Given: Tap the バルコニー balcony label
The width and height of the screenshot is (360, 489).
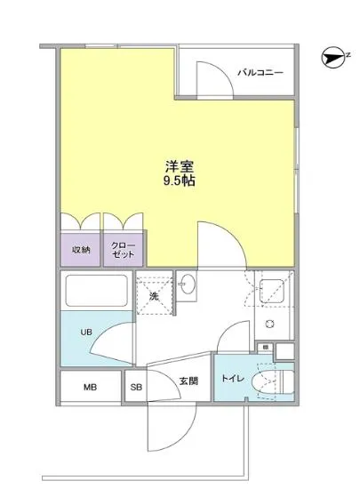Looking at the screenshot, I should [x=260, y=72].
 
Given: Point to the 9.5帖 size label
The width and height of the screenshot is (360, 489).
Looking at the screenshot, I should [x=179, y=180].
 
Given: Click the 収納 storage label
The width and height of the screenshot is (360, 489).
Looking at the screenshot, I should [x=80, y=250].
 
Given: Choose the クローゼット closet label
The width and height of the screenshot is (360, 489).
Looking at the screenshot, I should [x=124, y=250].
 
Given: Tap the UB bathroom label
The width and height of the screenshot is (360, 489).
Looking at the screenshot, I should [x=86, y=333].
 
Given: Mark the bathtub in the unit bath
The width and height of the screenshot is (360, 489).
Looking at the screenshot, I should [x=97, y=293].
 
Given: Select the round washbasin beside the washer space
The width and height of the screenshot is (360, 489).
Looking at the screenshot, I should [x=188, y=286].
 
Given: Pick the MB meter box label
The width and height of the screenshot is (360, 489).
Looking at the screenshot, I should [x=90, y=388].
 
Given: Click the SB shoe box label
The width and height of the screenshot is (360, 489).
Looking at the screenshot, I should [x=136, y=388].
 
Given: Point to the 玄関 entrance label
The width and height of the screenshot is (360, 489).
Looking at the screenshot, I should [x=188, y=381].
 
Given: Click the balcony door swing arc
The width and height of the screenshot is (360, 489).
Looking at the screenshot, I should [x=208, y=72].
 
